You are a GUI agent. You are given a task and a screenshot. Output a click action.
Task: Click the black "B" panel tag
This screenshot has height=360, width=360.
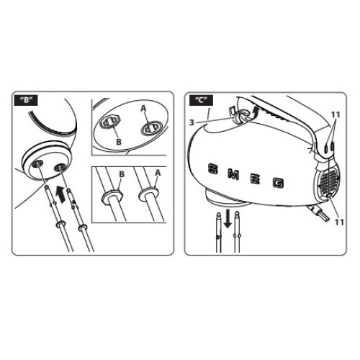pyautogui.click(x=27, y=100)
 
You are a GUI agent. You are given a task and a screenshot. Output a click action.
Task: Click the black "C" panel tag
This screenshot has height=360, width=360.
pyautogui.click(x=201, y=100)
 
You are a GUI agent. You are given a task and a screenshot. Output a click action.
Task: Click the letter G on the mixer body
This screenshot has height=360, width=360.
pyautogui.click(x=279, y=183)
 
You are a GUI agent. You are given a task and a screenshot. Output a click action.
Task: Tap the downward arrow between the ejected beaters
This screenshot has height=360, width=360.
pyautogui.click(x=227, y=218)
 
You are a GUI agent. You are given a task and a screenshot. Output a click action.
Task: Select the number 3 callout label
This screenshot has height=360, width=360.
pyautogui.click(x=192, y=122)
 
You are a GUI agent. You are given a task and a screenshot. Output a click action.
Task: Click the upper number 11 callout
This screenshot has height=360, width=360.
pyautogui.click(x=336, y=115)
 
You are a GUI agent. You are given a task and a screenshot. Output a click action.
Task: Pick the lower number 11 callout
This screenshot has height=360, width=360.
pyautogui.click(x=339, y=222)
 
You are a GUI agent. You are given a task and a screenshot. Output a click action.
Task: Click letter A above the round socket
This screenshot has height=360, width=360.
pyautogui.click(x=143, y=109)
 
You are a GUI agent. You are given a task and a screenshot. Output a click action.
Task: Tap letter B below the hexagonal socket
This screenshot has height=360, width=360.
pyautogui.click(x=119, y=142)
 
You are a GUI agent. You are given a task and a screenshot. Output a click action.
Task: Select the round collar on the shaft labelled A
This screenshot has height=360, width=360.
pyautogui.click(x=149, y=194)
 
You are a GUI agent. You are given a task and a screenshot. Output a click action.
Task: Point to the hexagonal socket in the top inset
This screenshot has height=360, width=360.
pyautogui.click(x=109, y=122)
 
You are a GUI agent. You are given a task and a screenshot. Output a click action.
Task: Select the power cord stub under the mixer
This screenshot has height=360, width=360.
pyautogui.click(x=319, y=215)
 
